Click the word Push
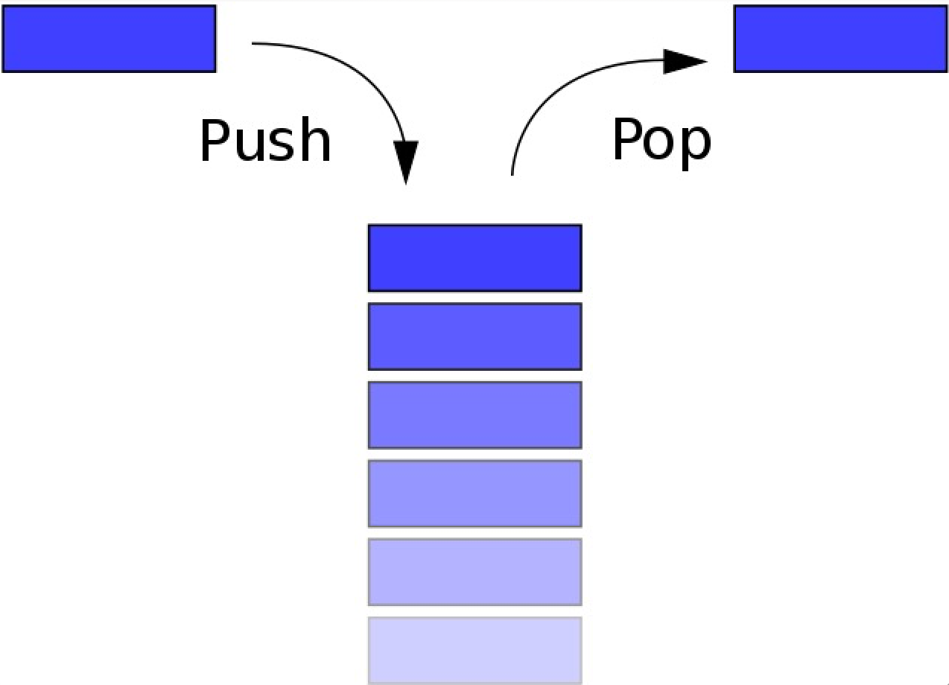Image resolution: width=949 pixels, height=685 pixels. click(x=265, y=140)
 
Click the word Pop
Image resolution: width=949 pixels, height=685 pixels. click(x=661, y=143)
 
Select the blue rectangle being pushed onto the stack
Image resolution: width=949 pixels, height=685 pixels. click(x=109, y=39)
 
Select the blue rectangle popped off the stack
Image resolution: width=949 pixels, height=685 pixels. click(x=840, y=39)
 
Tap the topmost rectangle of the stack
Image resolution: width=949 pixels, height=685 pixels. click(x=475, y=258)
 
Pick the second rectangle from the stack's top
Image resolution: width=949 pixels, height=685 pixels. click(x=475, y=337)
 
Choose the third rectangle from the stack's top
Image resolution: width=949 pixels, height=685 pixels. click(x=475, y=415)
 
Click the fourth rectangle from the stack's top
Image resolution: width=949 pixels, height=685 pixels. click(x=475, y=494)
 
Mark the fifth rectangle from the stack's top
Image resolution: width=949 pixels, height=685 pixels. click(x=475, y=572)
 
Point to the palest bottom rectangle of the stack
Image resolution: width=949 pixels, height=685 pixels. click(x=475, y=651)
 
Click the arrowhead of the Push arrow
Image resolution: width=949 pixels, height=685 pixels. click(x=406, y=162)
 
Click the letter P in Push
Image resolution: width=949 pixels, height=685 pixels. click(x=215, y=140)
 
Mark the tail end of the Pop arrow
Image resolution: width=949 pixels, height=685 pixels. click(x=512, y=174)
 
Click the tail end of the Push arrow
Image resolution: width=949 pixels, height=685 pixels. click(x=253, y=42)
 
